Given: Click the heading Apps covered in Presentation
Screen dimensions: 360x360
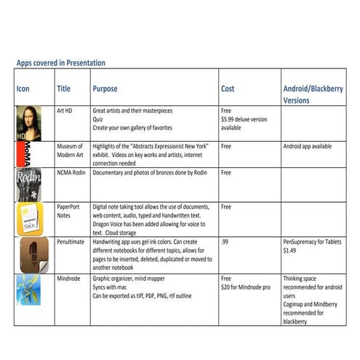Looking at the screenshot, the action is tap(60, 63).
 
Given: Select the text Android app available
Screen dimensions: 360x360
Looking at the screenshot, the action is tap(307, 146).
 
